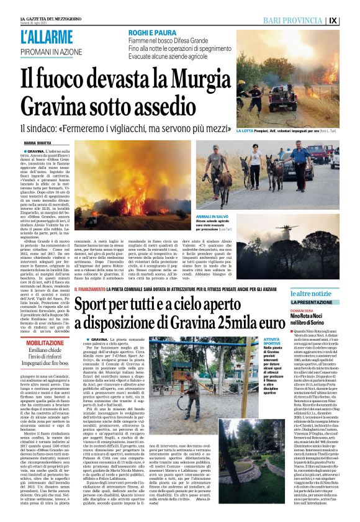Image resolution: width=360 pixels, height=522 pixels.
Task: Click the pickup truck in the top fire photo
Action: [x=280, y=96]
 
